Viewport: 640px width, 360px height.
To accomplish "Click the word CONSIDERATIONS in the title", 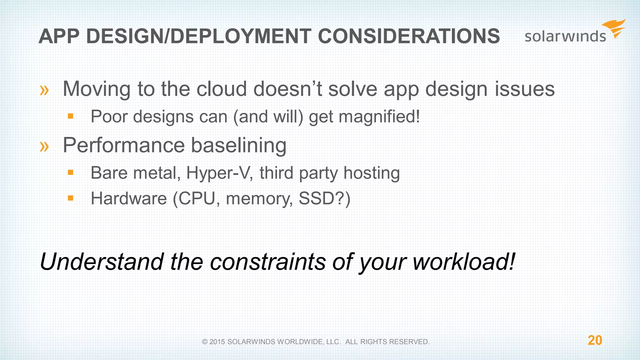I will click(409, 36).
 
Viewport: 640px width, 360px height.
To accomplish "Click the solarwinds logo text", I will click(565, 37).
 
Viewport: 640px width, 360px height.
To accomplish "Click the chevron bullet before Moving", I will click(44, 90).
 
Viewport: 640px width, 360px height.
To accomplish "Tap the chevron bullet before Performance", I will click(44, 146).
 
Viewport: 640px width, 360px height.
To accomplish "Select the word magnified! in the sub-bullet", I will click(379, 117).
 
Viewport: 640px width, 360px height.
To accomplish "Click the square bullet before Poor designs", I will click(71, 117).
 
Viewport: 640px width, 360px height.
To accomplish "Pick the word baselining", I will click(238, 146).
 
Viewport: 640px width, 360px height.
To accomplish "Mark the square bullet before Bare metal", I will click(71, 172).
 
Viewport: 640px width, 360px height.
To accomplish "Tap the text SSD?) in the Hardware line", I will click(324, 198).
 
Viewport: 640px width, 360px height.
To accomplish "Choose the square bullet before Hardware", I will click(71, 198).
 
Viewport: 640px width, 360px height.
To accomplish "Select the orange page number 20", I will click(595, 340).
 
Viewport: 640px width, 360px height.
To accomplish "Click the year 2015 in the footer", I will click(217, 342).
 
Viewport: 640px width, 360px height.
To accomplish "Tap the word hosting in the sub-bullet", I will click(372, 173).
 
